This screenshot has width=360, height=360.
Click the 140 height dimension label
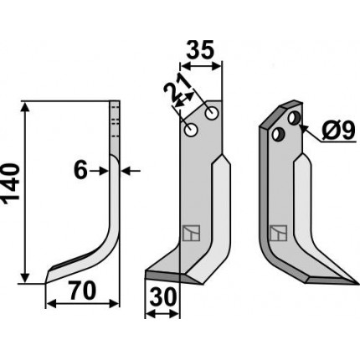[x=11, y=183]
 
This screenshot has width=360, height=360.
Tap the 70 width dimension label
[x=83, y=291]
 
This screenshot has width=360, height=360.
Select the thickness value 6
[x=80, y=171]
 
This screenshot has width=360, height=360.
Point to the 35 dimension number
[x=200, y=50]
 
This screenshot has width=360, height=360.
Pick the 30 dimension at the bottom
[x=163, y=297]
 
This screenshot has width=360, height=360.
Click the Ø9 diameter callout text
[x=338, y=131]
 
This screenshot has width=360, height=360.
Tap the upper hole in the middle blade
[x=212, y=114]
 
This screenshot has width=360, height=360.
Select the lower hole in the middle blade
[x=192, y=130]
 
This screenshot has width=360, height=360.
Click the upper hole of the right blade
[x=294, y=118]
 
